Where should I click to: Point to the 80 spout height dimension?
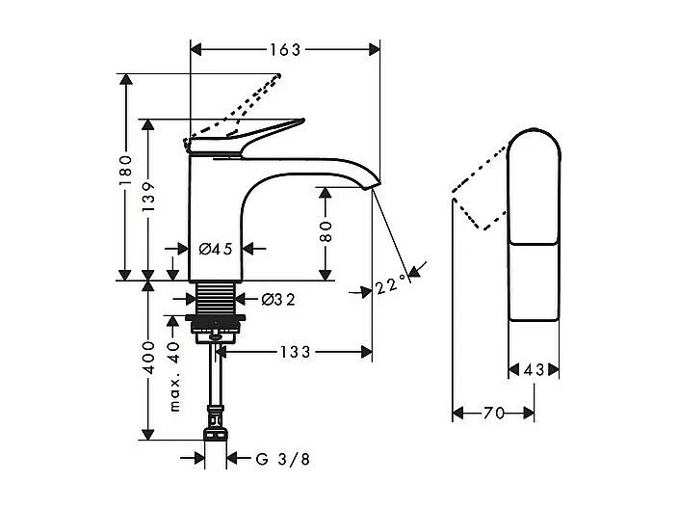point(326,231)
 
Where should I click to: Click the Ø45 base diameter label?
point(216,249)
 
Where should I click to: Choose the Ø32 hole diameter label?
point(277,300)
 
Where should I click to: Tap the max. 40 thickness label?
point(174,375)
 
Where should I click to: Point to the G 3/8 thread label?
point(283,459)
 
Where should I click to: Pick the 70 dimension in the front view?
point(493,414)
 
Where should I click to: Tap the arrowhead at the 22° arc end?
point(413,274)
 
